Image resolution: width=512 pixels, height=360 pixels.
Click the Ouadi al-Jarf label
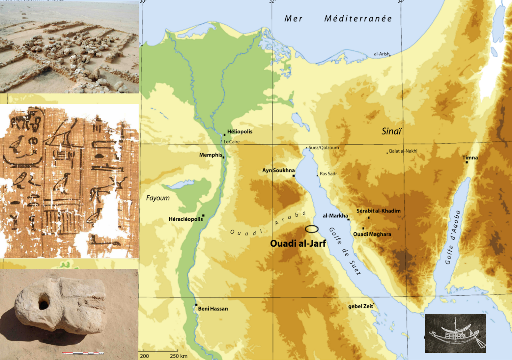[298, 244]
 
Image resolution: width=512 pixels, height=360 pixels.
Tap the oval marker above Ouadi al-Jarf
[311, 229]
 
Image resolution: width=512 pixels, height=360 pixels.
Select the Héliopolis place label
[240, 132]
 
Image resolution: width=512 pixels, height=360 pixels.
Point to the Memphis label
[211, 155]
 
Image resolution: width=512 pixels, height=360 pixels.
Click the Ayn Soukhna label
[278, 170]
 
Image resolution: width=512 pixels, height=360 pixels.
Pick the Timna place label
[470, 157]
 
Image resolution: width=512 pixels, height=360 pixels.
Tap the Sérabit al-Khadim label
[378, 211]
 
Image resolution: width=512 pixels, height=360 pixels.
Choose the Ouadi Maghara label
[372, 234]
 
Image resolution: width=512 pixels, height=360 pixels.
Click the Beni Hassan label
[213, 309]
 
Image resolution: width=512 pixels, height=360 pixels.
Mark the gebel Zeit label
[360, 306]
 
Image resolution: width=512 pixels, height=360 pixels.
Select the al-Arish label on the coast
[381, 54]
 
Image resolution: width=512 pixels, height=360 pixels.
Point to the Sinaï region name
[391, 131]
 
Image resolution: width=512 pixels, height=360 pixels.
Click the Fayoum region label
[158, 198]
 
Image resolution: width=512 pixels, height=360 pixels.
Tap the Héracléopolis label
[186, 219]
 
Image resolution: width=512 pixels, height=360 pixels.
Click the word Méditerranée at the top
[358, 19]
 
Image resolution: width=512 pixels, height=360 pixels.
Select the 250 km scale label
[179, 356]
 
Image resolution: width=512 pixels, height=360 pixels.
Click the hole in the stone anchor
[44, 302]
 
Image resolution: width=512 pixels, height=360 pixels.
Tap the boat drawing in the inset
[455, 333]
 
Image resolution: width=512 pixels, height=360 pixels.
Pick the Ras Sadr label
[328, 174]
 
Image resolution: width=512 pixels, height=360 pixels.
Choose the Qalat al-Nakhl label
[403, 151]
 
